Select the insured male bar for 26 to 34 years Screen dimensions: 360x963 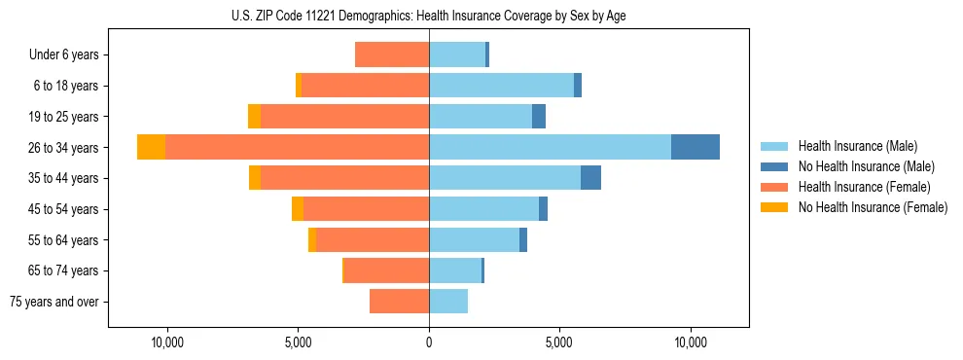point(550,147)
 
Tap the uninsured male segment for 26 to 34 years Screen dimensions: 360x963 point(695,147)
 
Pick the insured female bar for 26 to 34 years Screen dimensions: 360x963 point(297,147)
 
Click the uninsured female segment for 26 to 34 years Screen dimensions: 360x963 point(151,147)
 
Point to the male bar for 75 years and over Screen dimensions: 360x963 point(448,302)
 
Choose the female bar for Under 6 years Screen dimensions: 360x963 point(392,54)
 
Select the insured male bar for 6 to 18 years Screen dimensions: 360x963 point(501,86)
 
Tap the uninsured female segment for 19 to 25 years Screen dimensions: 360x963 point(254,117)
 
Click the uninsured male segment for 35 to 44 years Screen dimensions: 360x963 point(590,178)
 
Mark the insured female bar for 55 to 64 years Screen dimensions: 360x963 point(373,240)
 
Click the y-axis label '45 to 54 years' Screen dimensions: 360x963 point(65,209)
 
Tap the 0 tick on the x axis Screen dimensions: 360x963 point(429,343)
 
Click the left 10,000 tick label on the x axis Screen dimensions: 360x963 point(167,343)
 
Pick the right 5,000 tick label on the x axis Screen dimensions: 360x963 point(559,343)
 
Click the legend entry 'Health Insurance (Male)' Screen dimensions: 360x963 point(857,146)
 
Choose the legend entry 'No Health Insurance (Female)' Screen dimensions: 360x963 point(873,207)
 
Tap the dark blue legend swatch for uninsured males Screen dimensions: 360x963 point(775,166)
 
